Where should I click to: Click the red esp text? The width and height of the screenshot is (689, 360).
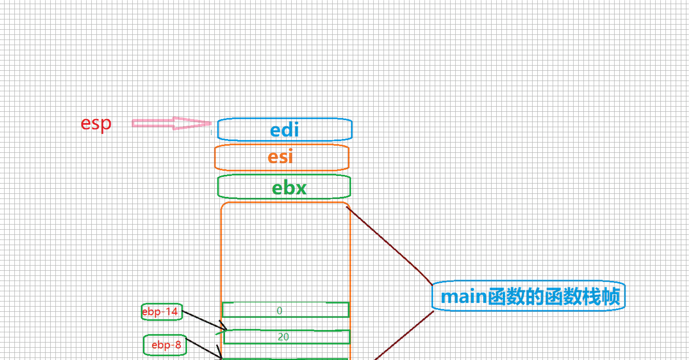(x=96, y=124)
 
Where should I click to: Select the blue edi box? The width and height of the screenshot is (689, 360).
(x=285, y=130)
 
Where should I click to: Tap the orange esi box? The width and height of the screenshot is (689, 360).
(x=281, y=157)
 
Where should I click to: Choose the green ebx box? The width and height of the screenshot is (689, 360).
(x=284, y=187)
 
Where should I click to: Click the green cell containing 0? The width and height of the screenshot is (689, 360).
(x=286, y=310)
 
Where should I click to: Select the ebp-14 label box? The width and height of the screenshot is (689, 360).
(x=162, y=312)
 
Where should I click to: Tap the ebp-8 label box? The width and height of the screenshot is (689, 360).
(x=165, y=345)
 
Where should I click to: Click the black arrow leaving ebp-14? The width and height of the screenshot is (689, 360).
(x=204, y=320)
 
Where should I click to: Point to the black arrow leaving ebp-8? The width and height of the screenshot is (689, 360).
(x=204, y=348)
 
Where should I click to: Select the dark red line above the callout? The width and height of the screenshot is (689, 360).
(x=390, y=245)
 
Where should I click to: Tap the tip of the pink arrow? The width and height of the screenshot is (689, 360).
(x=210, y=123)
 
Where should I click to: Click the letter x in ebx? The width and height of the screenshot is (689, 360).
(x=300, y=188)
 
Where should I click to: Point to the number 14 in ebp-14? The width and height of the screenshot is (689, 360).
(x=172, y=312)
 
